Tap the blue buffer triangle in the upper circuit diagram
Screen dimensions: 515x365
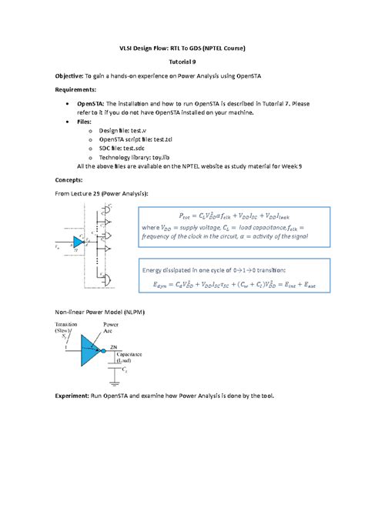pos(79,242)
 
